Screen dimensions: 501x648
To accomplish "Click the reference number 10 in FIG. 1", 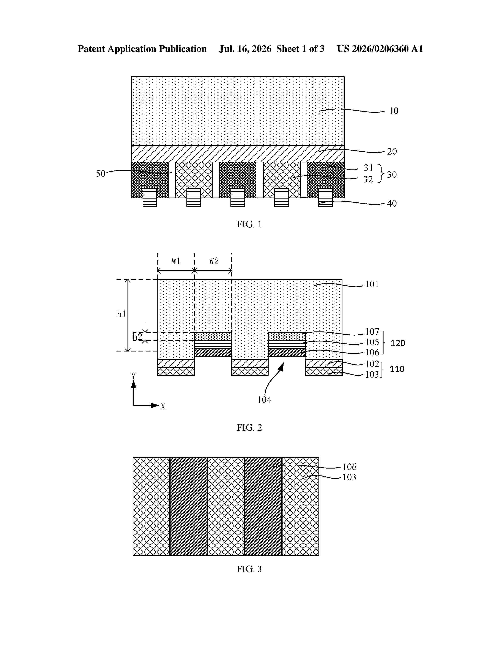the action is pos(394,111).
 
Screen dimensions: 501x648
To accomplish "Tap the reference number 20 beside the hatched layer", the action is pos(392,152).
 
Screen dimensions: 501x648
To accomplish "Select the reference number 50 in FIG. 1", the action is pos(101,174).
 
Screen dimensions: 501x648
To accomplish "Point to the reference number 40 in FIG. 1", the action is pos(392,204).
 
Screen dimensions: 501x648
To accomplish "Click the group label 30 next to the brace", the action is pos(392,175).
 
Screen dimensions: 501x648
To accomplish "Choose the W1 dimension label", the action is pos(176,261).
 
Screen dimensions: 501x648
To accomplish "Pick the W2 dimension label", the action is pos(214,261).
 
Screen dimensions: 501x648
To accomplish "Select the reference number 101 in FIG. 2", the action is pos(372,284).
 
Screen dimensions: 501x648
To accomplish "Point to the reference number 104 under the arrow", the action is pos(264,400).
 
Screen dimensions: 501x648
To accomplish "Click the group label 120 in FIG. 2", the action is pos(398,343).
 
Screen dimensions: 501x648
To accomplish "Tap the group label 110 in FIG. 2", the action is pos(397,369).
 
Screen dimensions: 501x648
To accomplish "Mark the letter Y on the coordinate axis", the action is pos(134,376).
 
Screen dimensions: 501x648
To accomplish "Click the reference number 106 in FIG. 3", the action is pos(349,467).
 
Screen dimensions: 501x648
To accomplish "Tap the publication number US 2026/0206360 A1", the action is pos(380,49).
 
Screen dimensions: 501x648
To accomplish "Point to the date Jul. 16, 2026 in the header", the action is pos(245,49).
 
